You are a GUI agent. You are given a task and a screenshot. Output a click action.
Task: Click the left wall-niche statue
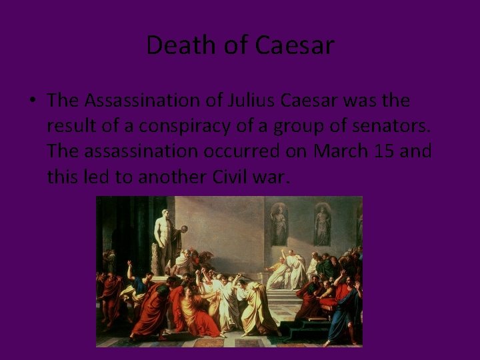(x=279, y=225)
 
